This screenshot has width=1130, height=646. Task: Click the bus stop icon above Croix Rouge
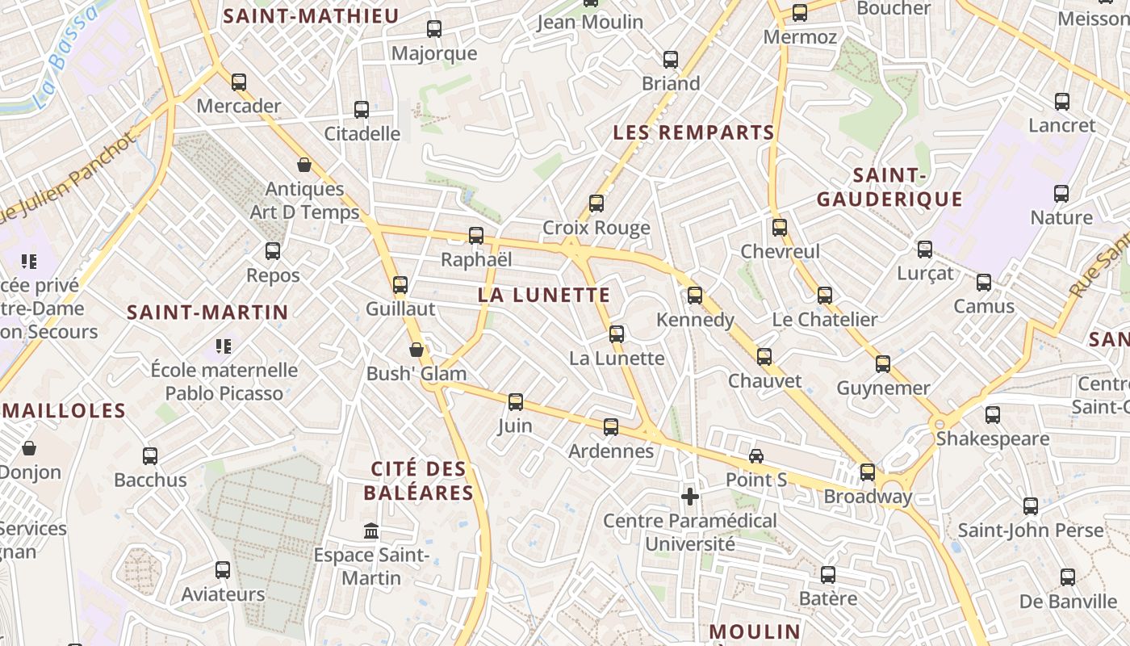(x=596, y=203)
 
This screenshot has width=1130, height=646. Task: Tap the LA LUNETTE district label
(x=544, y=295)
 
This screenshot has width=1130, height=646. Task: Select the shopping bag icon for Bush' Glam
(x=416, y=350)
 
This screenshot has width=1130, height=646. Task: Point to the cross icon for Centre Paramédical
(x=689, y=497)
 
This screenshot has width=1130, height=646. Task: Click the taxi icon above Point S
(x=756, y=456)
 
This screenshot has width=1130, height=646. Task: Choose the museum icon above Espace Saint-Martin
(x=371, y=531)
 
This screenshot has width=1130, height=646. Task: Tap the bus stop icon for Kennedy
(x=695, y=296)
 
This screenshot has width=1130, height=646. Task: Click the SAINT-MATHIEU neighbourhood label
(x=311, y=16)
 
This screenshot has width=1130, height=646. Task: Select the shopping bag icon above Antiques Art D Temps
(x=304, y=165)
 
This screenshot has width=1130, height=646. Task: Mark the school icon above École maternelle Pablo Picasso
(x=224, y=346)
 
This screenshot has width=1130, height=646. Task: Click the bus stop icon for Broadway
(x=868, y=472)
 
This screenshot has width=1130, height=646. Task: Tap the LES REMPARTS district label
(x=693, y=132)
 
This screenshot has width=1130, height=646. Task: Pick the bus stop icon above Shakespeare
(x=993, y=415)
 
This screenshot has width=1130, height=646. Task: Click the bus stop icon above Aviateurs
(x=223, y=570)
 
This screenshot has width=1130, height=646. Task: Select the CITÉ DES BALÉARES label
(x=418, y=480)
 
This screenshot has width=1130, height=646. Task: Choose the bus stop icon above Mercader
(x=239, y=82)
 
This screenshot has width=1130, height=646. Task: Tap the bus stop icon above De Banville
(x=1068, y=577)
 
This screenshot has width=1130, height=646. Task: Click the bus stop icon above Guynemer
(x=883, y=364)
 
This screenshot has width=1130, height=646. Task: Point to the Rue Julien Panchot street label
(x=69, y=178)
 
